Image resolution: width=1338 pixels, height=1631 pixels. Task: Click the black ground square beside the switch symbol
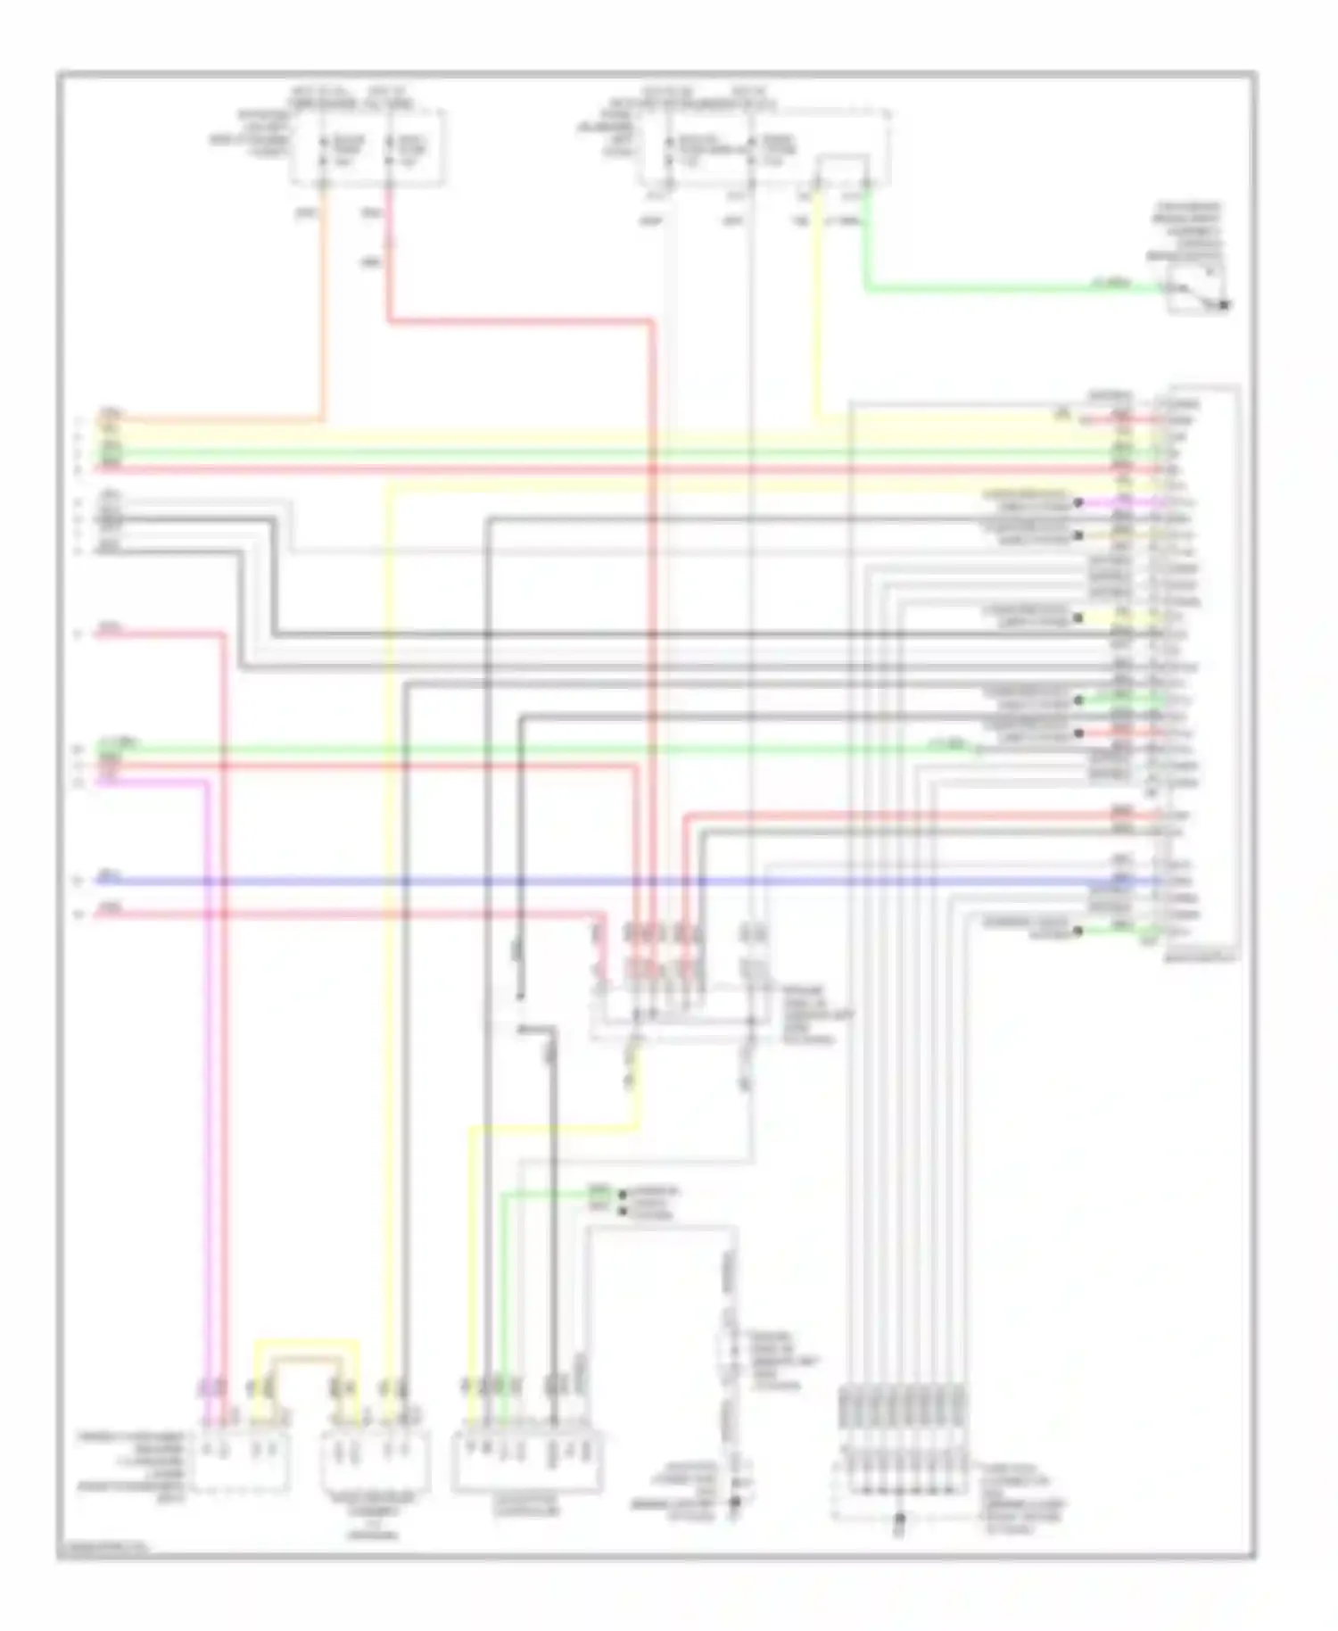coord(1226,306)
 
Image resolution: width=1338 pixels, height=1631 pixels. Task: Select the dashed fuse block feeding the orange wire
coord(368,148)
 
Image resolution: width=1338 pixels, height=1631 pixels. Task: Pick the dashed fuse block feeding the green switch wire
coord(767,148)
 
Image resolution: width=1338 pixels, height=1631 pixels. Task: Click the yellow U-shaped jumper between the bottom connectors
coord(308,1341)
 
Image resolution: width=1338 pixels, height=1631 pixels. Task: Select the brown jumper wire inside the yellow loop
coord(308,1357)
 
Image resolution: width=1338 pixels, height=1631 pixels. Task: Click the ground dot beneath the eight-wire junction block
coord(900,1518)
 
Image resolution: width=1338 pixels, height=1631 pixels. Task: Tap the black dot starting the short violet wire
coord(1078,503)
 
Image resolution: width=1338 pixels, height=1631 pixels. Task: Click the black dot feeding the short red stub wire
coord(1079,733)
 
